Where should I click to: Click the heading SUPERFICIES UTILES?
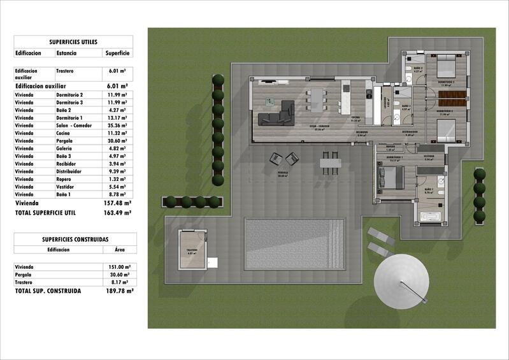(x=73, y=41)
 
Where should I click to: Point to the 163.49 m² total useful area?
(x=117, y=212)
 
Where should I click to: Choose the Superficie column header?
(x=117, y=53)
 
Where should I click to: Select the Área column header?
(x=118, y=250)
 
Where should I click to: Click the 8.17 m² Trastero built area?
(x=117, y=282)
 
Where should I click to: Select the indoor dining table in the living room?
(x=316, y=98)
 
